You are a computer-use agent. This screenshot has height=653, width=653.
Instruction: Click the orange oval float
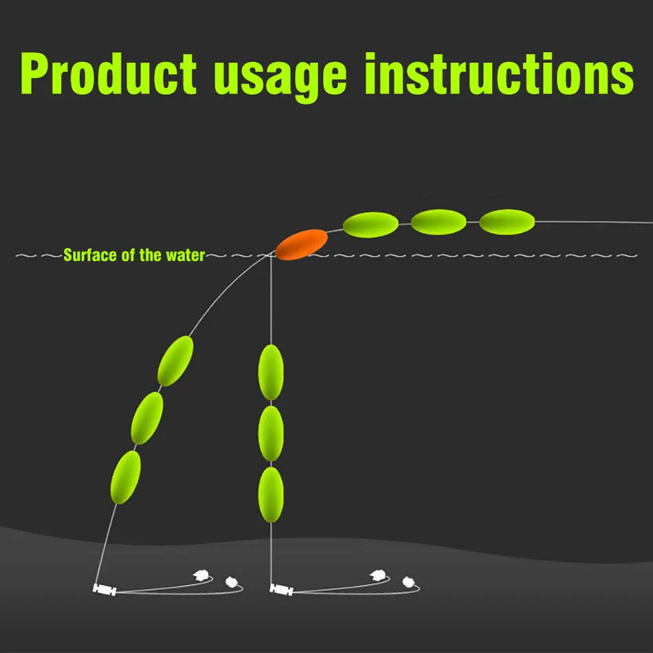click(302, 245)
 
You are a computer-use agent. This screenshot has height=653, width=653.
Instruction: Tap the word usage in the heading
click(280, 78)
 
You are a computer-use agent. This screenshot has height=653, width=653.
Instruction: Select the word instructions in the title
click(499, 74)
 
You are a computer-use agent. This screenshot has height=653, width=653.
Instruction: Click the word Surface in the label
click(90, 255)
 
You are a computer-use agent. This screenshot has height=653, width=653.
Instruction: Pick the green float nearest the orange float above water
click(370, 225)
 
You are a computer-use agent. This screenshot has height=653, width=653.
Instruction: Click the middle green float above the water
click(439, 222)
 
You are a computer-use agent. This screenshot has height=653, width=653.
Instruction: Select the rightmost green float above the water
click(507, 222)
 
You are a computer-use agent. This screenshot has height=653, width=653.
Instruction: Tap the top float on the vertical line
click(271, 373)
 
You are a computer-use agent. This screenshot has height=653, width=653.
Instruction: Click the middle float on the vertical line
click(271, 434)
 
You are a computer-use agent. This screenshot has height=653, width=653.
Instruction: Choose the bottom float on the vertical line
click(271, 495)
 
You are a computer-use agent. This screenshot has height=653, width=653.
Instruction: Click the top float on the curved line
click(175, 361)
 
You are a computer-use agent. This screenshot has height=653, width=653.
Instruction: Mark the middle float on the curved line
click(147, 418)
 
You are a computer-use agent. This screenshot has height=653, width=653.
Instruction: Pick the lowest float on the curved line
click(125, 477)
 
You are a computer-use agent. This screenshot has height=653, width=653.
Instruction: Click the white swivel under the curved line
click(104, 590)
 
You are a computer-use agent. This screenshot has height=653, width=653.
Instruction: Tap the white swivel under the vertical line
click(282, 590)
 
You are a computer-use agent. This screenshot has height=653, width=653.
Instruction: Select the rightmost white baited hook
click(408, 582)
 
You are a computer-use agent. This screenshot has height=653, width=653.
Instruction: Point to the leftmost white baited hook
click(201, 575)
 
